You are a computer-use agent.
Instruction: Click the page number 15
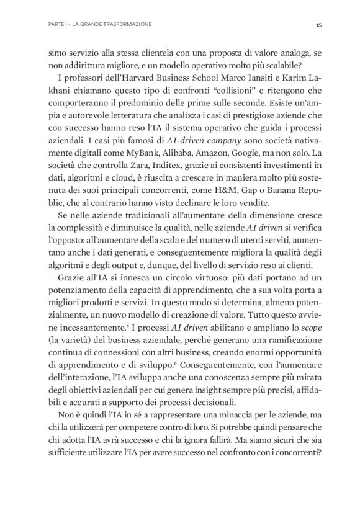[317, 25]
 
